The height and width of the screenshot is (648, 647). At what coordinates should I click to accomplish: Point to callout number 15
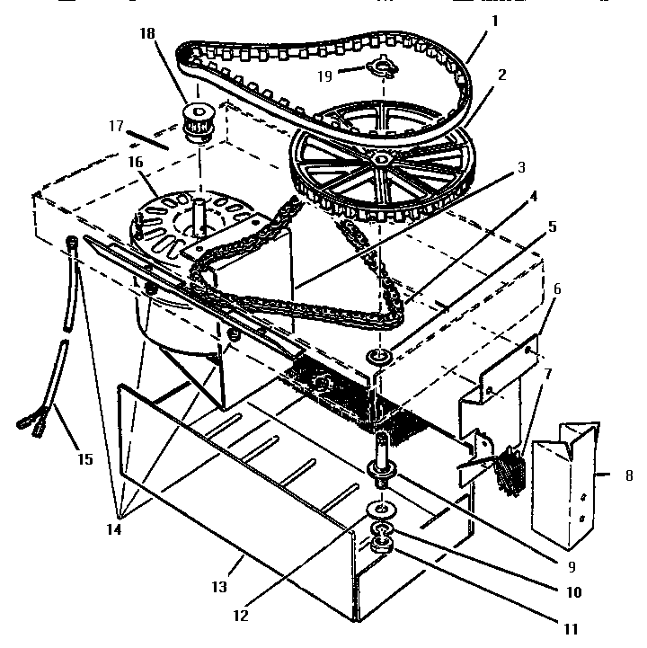click(84, 459)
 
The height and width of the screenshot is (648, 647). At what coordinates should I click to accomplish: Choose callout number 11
click(571, 629)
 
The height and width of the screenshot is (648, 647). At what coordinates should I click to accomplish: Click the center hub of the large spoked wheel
click(382, 159)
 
